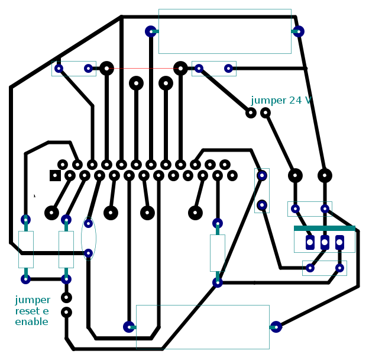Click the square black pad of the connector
pyautogui.click(x=56, y=175)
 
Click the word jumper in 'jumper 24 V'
pyautogui.click(x=268, y=101)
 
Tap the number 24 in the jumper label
pyautogui.click(x=295, y=101)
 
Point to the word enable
pyautogui.click(x=31, y=322)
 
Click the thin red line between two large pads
pyautogui.click(x=144, y=68)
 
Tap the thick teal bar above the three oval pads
pyautogui.click(x=325, y=229)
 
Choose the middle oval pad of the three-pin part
pyautogui.click(x=325, y=242)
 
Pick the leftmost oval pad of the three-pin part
pyautogui.click(x=310, y=242)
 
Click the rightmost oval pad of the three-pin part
pyautogui.click(x=339, y=242)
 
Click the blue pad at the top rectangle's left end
pyautogui.click(x=151, y=31)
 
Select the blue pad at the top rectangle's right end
pyautogui.click(x=299, y=31)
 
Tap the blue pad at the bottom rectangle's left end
pyautogui.click(x=129, y=327)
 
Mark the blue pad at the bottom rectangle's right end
pyautogui.click(x=276, y=327)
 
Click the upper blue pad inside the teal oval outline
pyautogui.click(x=88, y=223)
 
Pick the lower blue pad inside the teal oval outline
pyautogui.click(x=88, y=253)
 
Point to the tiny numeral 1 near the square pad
pyautogui.click(x=34, y=196)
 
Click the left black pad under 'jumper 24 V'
pyautogui.click(x=251, y=113)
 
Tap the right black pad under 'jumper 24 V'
pyautogui.click(x=266, y=113)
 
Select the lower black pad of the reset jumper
pyautogui.click(x=66, y=313)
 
